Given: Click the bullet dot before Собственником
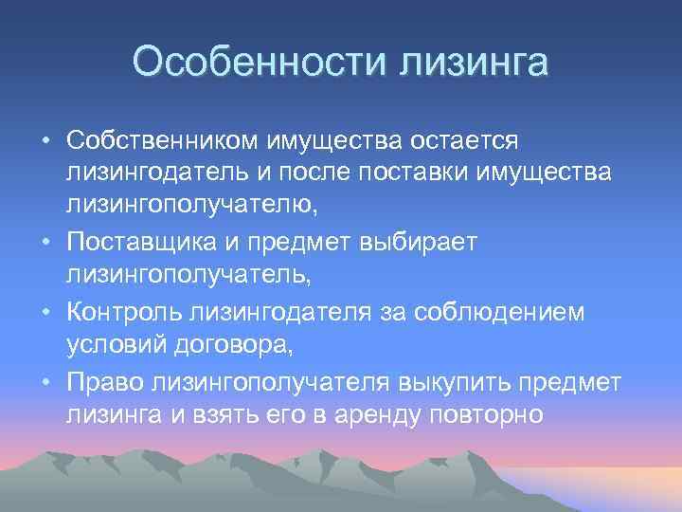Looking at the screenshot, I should coord(45,140).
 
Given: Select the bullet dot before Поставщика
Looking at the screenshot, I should coord(45,244).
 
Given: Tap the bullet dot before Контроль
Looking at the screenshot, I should coord(45,313).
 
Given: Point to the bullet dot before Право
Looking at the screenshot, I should coord(45,381).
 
